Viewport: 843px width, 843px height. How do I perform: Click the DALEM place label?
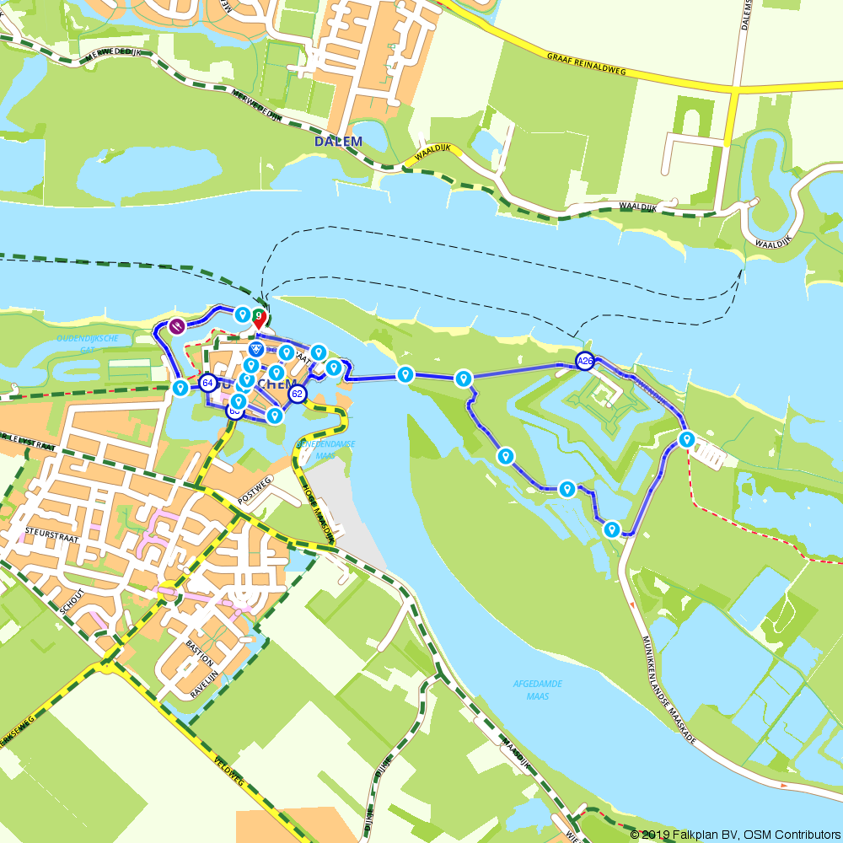(338, 142)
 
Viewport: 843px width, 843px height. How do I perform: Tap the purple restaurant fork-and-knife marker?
(177, 326)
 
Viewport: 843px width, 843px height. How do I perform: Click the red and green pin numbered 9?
(259, 319)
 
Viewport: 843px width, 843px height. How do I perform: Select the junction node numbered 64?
(207, 383)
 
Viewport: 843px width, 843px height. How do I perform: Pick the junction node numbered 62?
(297, 393)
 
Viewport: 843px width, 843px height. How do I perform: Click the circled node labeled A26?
(585, 362)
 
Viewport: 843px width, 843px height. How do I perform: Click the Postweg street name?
(255, 489)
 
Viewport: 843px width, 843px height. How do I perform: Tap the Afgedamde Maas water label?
(537, 690)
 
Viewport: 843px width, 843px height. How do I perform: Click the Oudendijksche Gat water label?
(88, 344)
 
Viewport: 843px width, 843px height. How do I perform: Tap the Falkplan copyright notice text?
(735, 835)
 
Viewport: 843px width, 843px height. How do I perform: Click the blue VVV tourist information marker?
(257, 348)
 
